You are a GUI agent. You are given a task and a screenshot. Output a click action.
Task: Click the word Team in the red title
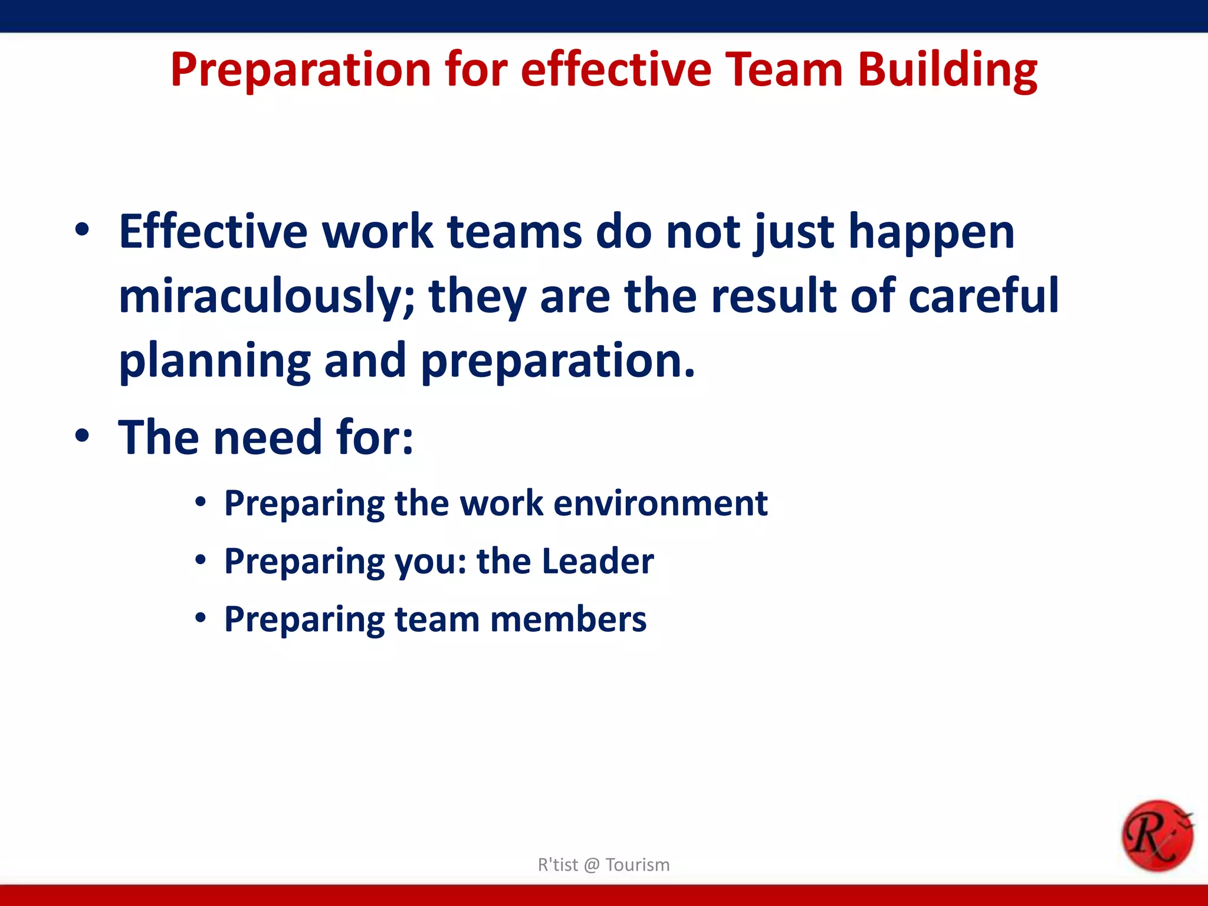pyautogui.click(x=783, y=70)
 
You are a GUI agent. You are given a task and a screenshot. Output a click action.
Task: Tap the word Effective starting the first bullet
pyautogui.click(x=213, y=231)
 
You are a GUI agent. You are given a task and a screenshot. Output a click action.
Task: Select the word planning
pyautogui.click(x=215, y=362)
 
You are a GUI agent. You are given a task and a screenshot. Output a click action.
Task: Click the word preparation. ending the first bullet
pyautogui.click(x=558, y=362)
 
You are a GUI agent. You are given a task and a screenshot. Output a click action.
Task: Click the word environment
pyautogui.click(x=661, y=503)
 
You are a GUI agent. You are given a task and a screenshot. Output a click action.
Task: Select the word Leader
pyautogui.click(x=598, y=561)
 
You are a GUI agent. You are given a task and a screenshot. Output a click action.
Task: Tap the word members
pyautogui.click(x=568, y=619)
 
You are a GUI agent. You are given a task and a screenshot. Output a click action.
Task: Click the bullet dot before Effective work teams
pyautogui.click(x=83, y=231)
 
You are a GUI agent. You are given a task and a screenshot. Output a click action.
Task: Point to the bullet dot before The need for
pyautogui.click(x=83, y=437)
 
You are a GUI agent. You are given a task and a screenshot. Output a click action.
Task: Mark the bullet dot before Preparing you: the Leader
pyautogui.click(x=201, y=560)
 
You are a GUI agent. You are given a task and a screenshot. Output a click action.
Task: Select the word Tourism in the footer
pyautogui.click(x=638, y=865)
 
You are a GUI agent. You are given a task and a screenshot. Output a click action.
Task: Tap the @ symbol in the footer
pyautogui.click(x=592, y=865)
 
